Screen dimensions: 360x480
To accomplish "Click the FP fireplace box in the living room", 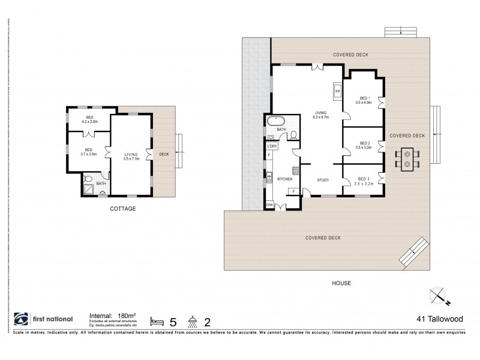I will coord(337,91).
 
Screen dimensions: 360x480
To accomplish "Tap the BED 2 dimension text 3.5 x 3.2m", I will coord(364,147).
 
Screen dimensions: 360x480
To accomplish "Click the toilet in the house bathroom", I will coord(293,136).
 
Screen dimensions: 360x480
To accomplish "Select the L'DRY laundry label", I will coord(272,146).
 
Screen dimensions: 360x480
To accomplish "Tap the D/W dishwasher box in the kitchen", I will coord(269,205).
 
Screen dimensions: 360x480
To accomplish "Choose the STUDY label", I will coord(323,179).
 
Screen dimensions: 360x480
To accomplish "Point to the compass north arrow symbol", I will coord(439,296).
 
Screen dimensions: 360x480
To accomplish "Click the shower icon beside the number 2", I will coord(193,320).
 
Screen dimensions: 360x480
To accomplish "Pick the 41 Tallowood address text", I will coord(439,320).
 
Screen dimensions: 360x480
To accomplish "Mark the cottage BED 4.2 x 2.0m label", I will coord(90,119).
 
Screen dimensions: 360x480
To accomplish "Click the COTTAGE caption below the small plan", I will coord(122,209).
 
